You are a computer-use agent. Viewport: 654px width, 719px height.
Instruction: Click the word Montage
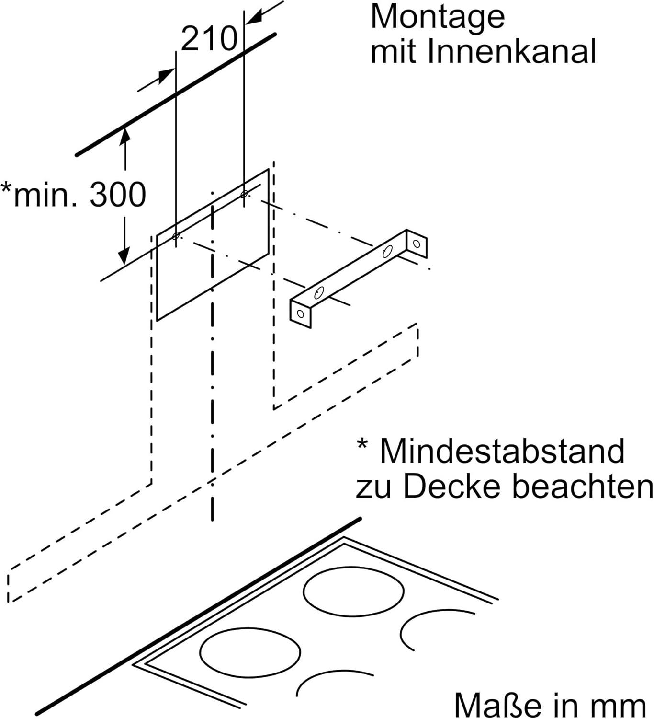(x=438, y=17)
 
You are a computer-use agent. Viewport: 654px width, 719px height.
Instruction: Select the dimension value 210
(x=209, y=39)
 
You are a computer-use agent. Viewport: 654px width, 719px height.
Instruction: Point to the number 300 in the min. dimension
(x=118, y=195)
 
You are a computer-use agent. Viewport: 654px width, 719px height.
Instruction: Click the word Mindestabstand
(x=502, y=451)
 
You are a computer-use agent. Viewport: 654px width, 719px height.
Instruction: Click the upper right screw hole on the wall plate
(x=244, y=194)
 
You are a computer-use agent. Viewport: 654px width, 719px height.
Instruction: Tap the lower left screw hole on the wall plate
(x=176, y=236)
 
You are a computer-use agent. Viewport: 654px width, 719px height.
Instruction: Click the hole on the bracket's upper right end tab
(x=417, y=244)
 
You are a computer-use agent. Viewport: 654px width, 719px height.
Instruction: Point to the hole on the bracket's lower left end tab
(x=300, y=314)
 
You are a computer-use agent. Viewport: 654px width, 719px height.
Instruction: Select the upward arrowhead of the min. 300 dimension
(x=125, y=134)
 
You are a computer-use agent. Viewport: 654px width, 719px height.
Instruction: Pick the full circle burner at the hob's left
(x=250, y=651)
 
